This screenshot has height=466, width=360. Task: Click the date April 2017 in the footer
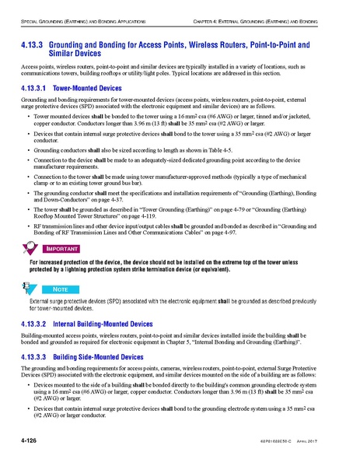(331, 443)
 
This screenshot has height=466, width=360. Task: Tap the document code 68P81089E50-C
(292, 443)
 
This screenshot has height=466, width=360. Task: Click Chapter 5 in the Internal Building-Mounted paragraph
(200, 342)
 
